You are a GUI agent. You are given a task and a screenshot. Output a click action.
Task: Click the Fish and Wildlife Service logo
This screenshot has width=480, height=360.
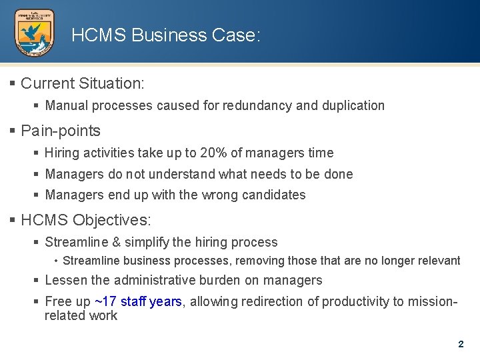[x=35, y=33]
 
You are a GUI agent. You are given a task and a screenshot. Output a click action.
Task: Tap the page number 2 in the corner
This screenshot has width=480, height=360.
[x=461, y=345]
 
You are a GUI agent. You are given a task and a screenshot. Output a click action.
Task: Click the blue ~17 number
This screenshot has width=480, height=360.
[x=106, y=301]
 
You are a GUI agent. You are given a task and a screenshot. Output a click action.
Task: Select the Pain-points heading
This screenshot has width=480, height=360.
[x=60, y=130]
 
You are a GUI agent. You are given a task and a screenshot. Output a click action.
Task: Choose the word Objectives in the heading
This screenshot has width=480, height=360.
[x=112, y=220]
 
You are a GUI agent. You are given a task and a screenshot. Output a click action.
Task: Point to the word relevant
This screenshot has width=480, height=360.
[x=438, y=261]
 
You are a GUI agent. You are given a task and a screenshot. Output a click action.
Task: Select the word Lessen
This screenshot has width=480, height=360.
[x=66, y=280]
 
